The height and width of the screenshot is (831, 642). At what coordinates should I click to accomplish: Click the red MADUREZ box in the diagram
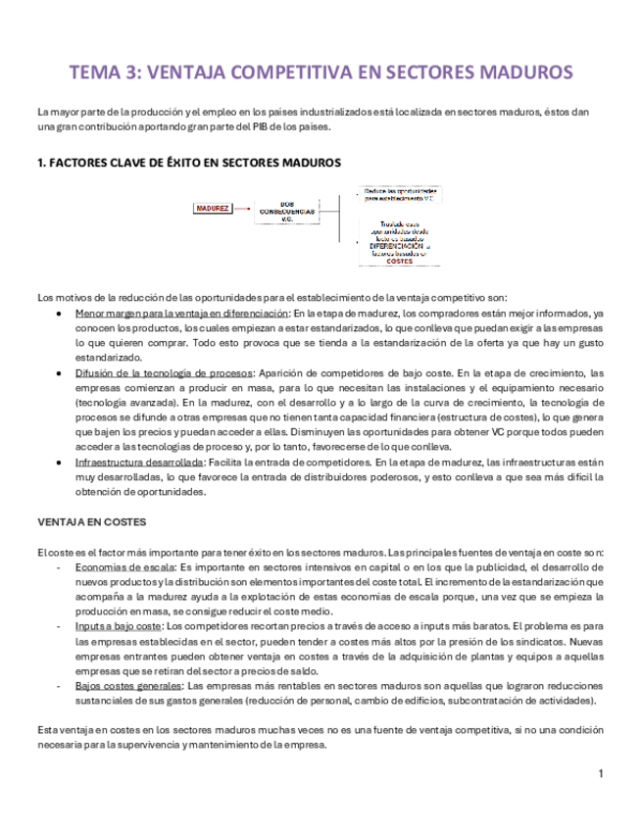tap(213, 209)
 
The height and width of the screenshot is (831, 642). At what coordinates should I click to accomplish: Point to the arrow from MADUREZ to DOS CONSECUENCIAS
tap(243, 209)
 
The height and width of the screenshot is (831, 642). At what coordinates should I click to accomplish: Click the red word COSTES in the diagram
tap(399, 262)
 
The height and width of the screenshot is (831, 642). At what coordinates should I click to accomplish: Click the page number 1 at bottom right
tap(601, 775)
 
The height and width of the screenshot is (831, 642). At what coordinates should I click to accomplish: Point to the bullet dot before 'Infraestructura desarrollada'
tap(63, 462)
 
